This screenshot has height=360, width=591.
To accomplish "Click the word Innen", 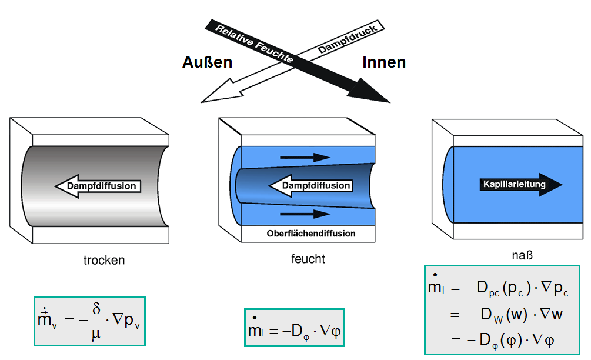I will pyautogui.click(x=384, y=62).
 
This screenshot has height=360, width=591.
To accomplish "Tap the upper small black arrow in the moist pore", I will pyautogui.click(x=305, y=157).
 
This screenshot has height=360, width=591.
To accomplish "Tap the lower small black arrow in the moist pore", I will pyautogui.click(x=305, y=215).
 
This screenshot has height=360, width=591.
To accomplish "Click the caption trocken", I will pyautogui.click(x=104, y=260).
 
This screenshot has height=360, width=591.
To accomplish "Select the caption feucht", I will pyautogui.click(x=308, y=259).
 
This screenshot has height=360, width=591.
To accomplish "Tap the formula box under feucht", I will pyautogui.click(x=293, y=328).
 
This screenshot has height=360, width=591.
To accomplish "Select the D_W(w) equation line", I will pyautogui.click(x=506, y=315).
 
